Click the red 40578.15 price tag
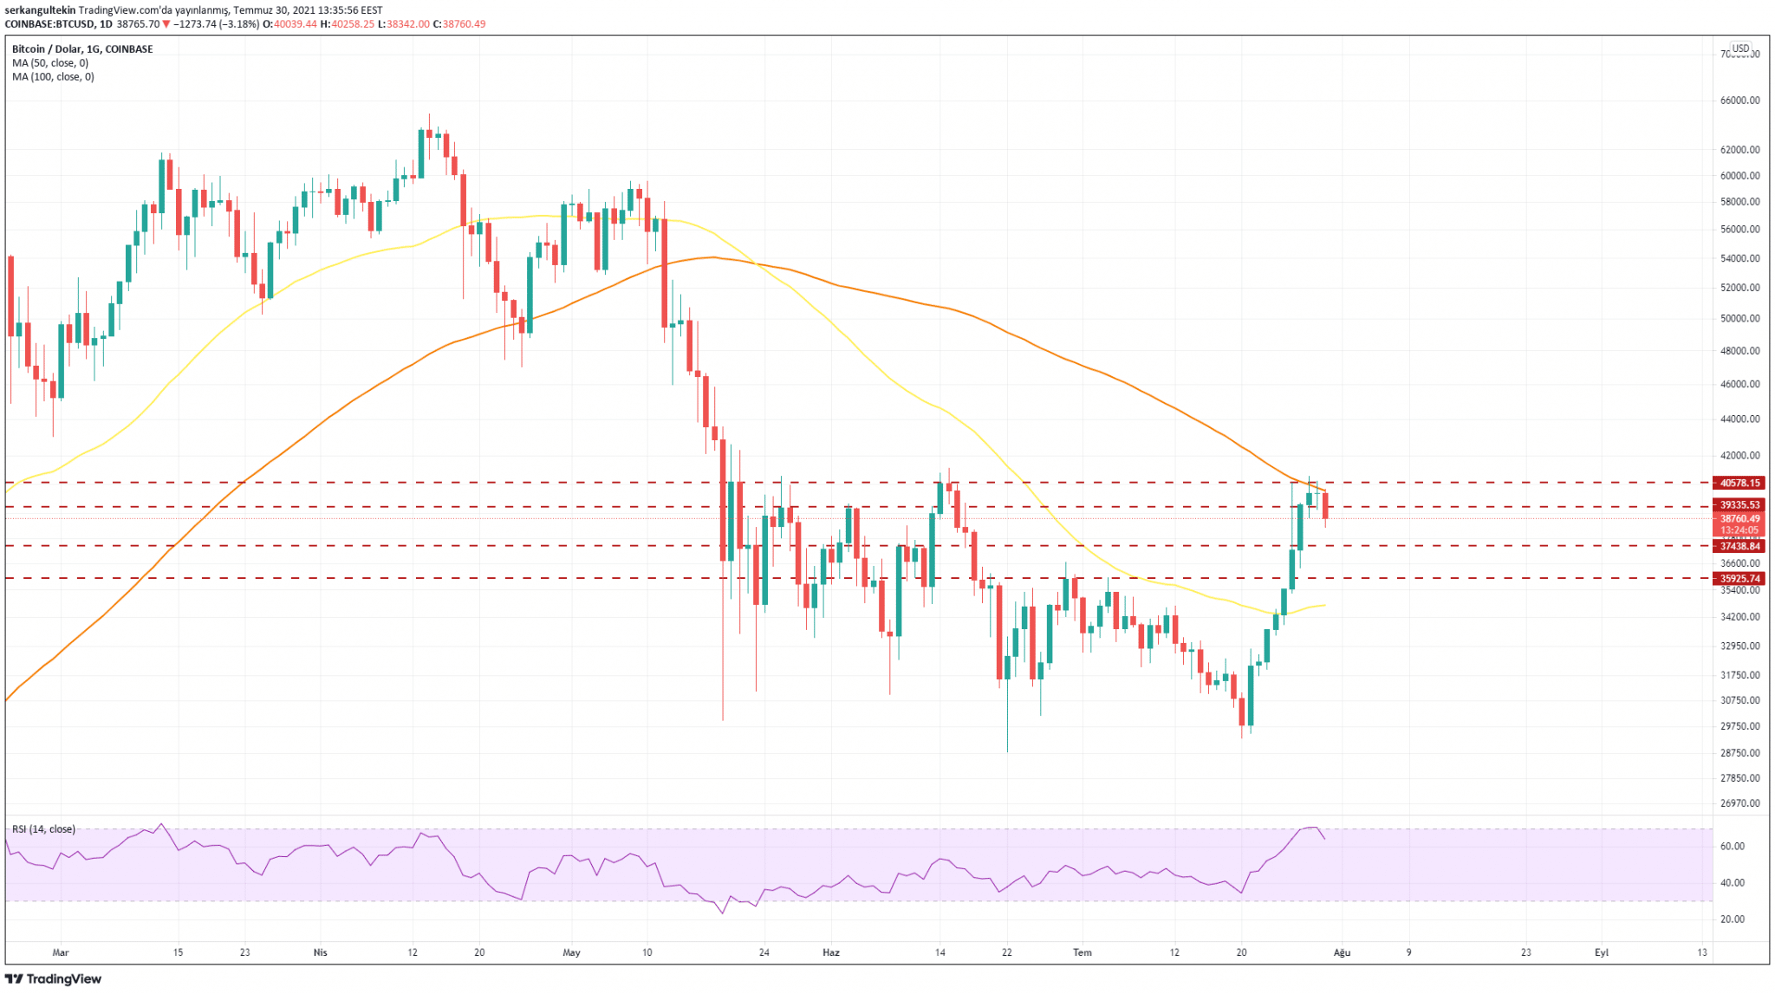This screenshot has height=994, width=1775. point(1739,483)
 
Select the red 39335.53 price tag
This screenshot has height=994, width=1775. point(1739,504)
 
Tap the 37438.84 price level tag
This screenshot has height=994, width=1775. point(1739,546)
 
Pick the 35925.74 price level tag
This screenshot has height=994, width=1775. point(1739,579)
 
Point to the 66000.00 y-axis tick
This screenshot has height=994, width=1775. point(1739,101)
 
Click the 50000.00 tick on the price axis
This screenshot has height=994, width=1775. point(1739,318)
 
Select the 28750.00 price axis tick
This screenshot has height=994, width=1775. point(1739,753)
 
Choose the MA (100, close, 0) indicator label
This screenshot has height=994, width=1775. point(53,77)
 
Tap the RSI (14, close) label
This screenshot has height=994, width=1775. point(43,829)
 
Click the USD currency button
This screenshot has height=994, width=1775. point(1739,49)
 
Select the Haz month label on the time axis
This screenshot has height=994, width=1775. point(830,952)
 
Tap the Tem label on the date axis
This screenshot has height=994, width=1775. point(1082,952)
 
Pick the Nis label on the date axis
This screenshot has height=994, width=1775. point(320,952)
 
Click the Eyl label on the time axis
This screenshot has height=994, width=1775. point(1601,952)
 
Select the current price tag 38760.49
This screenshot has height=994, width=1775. point(1739,519)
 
